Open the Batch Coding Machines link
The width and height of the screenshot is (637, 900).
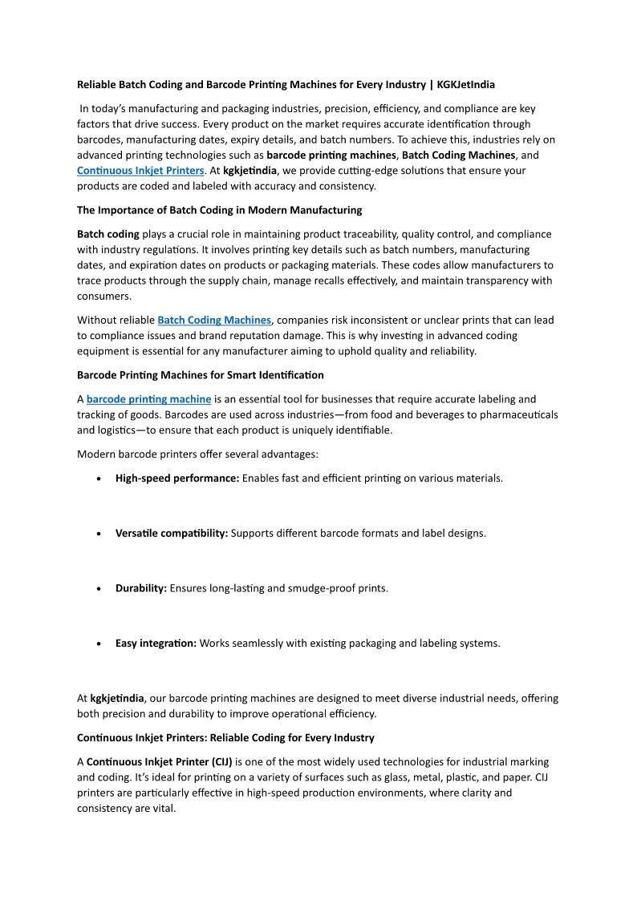pos(214,320)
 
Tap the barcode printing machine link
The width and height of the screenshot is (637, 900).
pos(148,399)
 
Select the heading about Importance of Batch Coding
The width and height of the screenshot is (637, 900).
pos(219,210)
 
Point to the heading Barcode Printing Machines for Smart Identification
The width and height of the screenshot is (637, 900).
pos(200,375)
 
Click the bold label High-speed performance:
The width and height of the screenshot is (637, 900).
pos(177,478)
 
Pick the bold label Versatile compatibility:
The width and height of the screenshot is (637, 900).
pos(172,533)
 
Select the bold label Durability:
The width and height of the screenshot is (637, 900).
pos(141,588)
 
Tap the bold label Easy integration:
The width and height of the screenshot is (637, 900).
pos(156,643)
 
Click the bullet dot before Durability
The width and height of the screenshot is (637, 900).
pos(98,589)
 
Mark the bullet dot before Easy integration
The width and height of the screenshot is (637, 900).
pos(98,644)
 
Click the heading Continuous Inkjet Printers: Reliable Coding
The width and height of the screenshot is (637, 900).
pos(225,737)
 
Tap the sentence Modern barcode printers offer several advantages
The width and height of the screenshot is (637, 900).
pos(197,454)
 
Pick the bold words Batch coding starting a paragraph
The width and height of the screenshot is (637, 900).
pos(108,234)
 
